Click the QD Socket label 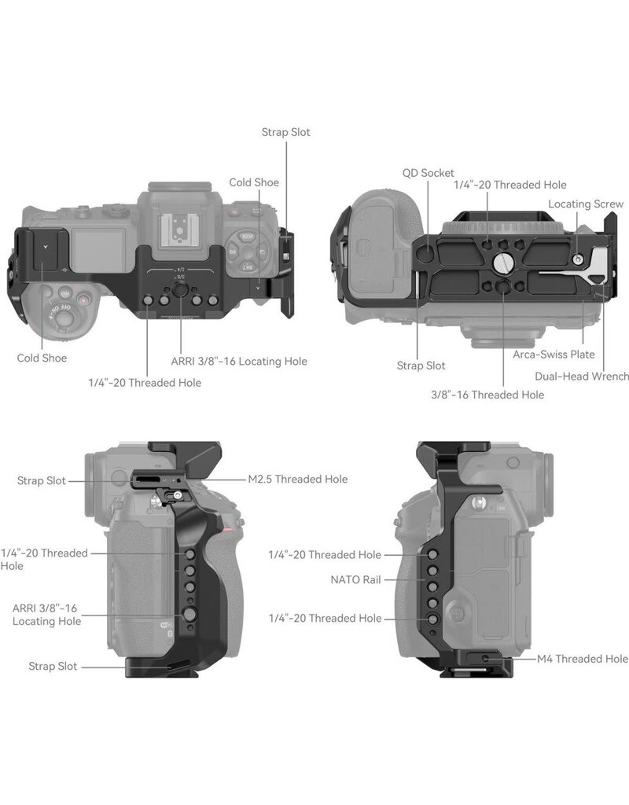[429, 173]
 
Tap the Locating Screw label [586, 204]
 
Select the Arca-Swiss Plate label [554, 355]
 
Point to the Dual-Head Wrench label [582, 377]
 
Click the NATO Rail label [356, 579]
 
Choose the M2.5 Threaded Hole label [298, 479]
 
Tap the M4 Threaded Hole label [583, 659]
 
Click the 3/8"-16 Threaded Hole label [487, 395]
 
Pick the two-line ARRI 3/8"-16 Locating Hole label [46, 615]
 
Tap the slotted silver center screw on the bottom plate [502, 263]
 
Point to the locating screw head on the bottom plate [578, 259]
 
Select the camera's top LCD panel [97, 247]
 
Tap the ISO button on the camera [65, 292]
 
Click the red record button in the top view [83, 299]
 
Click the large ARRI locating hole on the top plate [180, 290]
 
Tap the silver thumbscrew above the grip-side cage [177, 496]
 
